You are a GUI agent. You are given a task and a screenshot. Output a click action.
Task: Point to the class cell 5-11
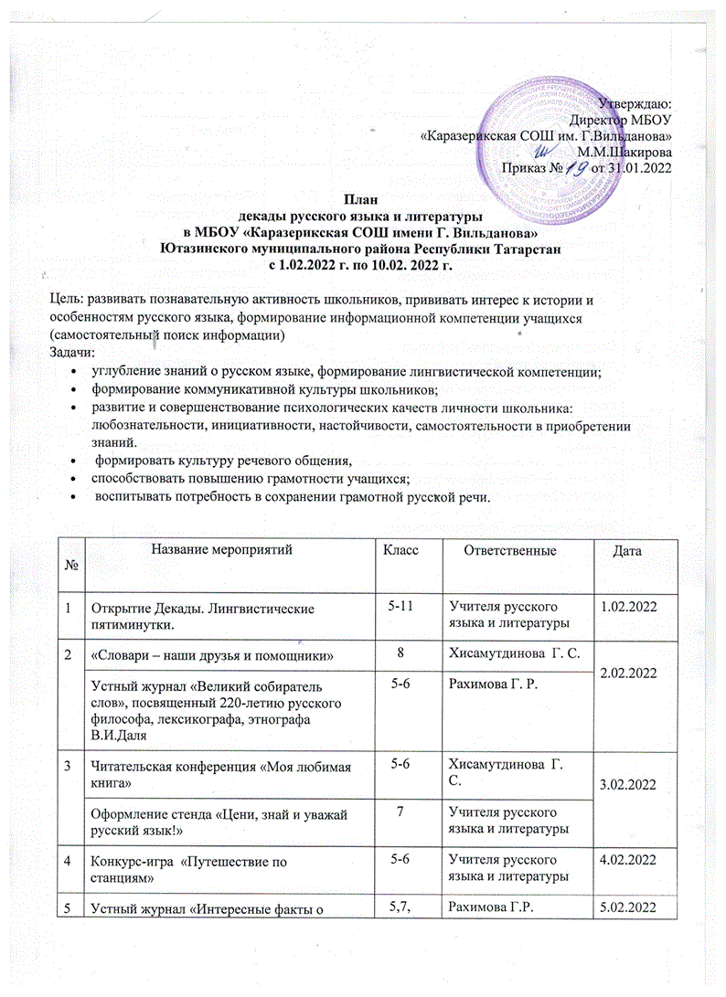click(405, 606)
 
